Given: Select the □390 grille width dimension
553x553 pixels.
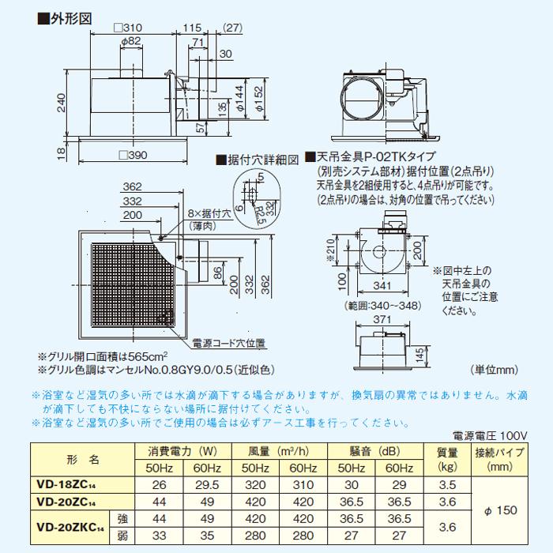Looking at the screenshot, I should (x=133, y=155).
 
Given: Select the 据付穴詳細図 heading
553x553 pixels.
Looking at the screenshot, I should (x=261, y=160).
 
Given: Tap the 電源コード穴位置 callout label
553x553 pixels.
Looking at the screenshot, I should (x=229, y=344).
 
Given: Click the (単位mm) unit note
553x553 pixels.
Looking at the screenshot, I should (x=494, y=369).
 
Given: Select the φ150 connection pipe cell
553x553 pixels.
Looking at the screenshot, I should (x=499, y=510).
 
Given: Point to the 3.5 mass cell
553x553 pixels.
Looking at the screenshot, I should (x=447, y=484).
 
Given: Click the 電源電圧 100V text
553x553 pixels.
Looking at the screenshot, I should (x=490, y=435).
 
